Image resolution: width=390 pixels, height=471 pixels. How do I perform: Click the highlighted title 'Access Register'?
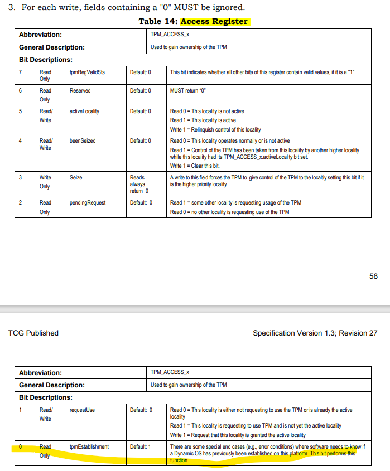click(214, 21)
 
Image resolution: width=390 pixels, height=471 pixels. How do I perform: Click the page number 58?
click(373, 276)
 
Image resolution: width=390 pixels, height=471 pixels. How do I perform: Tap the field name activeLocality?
click(84, 111)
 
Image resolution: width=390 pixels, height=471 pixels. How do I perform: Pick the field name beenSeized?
click(83, 141)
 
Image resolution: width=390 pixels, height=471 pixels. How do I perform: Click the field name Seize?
click(76, 177)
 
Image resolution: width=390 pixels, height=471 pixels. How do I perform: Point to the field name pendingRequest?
click(88, 202)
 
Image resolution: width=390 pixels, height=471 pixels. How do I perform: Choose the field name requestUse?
click(83, 410)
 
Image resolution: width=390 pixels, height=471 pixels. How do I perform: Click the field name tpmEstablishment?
click(89, 446)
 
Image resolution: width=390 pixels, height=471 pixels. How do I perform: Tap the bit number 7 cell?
click(21, 72)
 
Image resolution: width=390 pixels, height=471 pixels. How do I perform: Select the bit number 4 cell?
click(21, 141)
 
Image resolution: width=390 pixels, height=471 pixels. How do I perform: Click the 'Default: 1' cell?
click(141, 446)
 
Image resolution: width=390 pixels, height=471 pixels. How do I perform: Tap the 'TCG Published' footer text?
click(33, 333)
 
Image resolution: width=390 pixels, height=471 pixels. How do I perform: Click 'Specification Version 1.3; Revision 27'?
click(315, 333)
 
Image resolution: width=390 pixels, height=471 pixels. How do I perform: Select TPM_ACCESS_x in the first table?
click(170, 34)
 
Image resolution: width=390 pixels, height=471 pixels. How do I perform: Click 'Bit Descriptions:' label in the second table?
click(46, 397)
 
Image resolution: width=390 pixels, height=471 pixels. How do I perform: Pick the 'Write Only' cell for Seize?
click(45, 182)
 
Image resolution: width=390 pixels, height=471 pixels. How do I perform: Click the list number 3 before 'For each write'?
click(12, 8)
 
